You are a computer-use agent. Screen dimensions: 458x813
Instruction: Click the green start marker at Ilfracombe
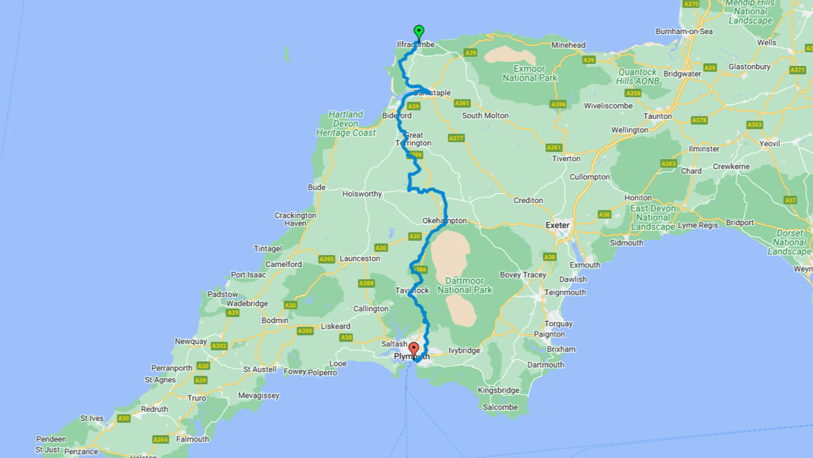coord(419,31)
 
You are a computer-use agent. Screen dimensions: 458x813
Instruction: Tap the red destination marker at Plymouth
coord(413,348)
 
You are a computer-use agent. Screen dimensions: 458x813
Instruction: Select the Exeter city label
coord(557,226)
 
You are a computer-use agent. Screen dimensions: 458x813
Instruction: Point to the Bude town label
coord(317,187)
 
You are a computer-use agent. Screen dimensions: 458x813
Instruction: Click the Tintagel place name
coord(268,248)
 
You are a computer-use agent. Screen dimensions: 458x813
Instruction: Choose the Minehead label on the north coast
coord(568,45)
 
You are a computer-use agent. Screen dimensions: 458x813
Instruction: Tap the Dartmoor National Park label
coord(465,285)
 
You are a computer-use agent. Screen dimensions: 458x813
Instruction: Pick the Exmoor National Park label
coord(530,73)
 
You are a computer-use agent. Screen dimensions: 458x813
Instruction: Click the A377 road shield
coord(456,138)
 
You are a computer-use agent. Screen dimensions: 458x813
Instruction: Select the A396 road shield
coord(558,104)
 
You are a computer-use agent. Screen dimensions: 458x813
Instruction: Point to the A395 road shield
coord(326,259)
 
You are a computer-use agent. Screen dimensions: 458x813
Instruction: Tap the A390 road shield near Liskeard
coord(305,331)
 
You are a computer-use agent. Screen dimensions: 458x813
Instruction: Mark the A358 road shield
coord(633,93)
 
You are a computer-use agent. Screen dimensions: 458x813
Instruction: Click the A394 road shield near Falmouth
coord(161,440)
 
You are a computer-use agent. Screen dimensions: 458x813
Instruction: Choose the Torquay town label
coord(558,324)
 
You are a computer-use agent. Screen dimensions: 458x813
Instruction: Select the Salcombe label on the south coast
coord(500,407)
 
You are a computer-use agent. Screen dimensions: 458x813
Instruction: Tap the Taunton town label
coord(657,116)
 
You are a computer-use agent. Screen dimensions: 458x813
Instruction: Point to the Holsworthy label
coord(362,194)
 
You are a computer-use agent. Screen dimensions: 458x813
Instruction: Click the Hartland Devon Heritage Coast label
coord(346,123)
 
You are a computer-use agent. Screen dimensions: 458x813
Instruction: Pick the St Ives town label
coord(92,419)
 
